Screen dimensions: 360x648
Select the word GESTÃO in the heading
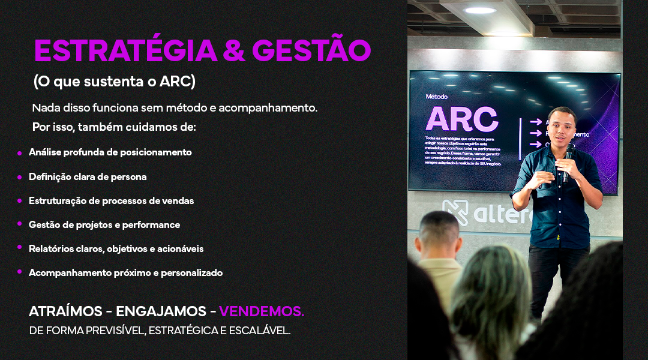(311, 50)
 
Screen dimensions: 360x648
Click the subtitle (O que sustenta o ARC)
(115, 82)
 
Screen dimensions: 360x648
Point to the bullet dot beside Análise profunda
(20, 154)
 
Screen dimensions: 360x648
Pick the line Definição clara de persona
(88, 177)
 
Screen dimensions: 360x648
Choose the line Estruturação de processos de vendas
(111, 201)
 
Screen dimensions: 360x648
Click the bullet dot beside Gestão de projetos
(20, 226)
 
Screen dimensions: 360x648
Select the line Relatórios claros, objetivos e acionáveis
(116, 249)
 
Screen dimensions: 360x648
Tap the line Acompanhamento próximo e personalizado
(125, 273)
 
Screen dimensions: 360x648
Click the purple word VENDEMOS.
(262, 311)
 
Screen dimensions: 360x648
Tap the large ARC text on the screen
(461, 119)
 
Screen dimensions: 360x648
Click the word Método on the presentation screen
(436, 97)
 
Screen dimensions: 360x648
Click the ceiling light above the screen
(480, 10)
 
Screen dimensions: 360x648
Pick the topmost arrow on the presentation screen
(536, 122)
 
